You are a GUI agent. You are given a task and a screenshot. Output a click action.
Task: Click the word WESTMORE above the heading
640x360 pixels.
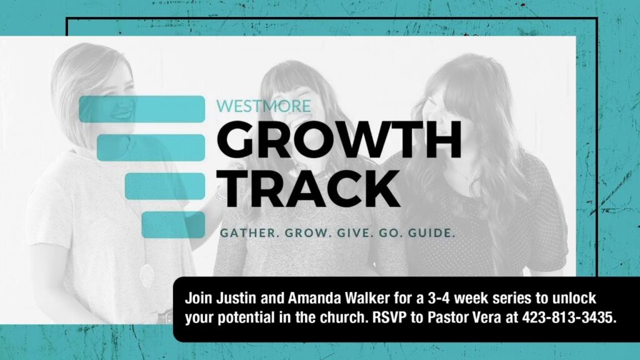[263, 106]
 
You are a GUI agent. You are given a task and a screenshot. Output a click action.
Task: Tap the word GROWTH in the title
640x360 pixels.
[339, 140]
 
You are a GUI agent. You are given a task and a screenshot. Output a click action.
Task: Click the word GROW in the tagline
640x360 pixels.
[308, 234]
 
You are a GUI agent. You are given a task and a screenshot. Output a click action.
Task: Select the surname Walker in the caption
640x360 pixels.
[367, 298]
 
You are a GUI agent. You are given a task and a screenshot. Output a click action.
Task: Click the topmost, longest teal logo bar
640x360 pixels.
[142, 109]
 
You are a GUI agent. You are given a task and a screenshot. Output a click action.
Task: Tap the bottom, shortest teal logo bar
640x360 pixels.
[174, 224]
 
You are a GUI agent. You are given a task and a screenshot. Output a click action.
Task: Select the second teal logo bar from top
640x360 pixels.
[151, 147]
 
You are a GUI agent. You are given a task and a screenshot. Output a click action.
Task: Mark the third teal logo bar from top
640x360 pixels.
[165, 186]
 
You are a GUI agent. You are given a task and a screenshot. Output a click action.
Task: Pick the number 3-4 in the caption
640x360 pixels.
[439, 298]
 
